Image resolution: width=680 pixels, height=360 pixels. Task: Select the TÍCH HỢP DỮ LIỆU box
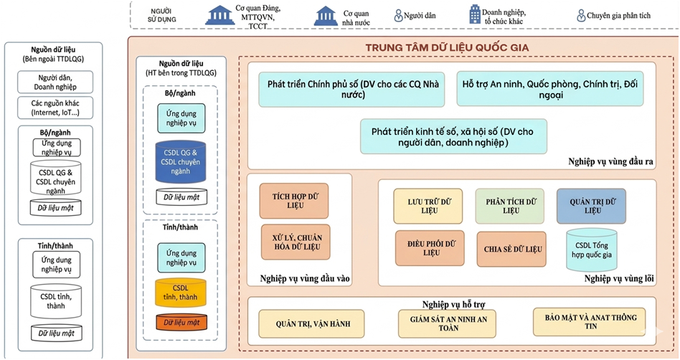[288, 200]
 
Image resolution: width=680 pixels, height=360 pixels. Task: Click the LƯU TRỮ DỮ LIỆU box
[428, 205]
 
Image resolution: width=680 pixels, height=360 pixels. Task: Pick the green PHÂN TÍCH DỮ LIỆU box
[510, 205]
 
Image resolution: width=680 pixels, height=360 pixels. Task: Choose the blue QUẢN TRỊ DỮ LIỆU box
[592, 205]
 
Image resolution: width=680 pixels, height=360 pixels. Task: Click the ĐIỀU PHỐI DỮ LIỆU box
[430, 247]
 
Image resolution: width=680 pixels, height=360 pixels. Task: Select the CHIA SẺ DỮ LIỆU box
[513, 248]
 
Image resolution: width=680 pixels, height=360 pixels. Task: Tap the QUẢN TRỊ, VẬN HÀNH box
[313, 324]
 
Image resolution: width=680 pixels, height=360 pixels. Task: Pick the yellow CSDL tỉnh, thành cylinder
[181, 293]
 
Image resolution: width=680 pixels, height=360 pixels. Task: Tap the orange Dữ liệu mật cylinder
[181, 323]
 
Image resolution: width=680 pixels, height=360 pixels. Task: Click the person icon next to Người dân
[398, 15]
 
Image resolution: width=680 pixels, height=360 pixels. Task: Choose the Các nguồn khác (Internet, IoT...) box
[56, 108]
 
